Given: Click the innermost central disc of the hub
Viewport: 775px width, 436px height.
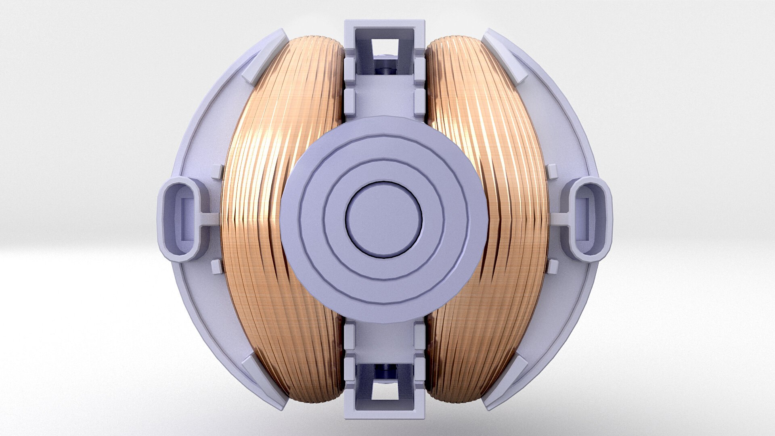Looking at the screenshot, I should coord(383,220).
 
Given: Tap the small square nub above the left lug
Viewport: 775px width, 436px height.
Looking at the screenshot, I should coord(217,172).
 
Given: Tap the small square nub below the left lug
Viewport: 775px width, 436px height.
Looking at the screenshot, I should coord(216,266).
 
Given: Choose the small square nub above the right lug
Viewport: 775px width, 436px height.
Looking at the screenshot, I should coord(551,171).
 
